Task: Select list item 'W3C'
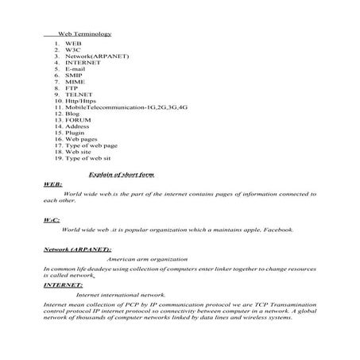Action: tap(74, 50)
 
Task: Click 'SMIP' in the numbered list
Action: tap(74, 75)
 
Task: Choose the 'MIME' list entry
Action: tap(75, 82)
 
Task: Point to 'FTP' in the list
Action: tap(72, 88)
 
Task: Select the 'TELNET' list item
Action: tap(78, 95)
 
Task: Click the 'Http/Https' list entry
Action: tap(81, 101)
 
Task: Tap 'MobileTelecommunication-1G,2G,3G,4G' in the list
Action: tap(121, 107)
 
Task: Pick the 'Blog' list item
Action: tap(73, 114)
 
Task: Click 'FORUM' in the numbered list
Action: tap(78, 120)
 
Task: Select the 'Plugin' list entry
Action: tap(75, 133)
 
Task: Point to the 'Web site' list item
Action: tap(78, 152)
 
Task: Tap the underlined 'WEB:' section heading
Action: tap(52, 184)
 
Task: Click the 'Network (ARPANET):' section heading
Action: tap(77, 250)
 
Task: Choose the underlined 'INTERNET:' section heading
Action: tap(63, 284)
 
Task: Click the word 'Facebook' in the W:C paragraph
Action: tap(276, 230)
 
